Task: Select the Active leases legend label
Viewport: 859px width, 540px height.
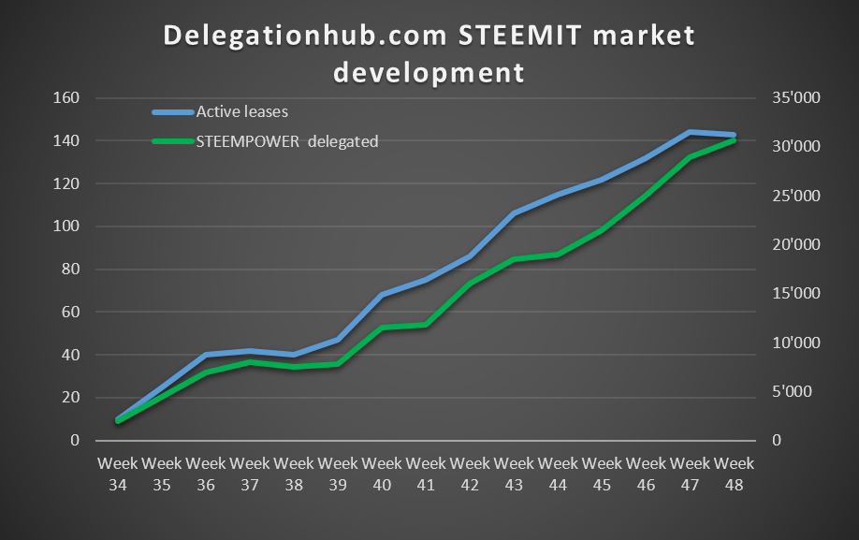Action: pos(241,111)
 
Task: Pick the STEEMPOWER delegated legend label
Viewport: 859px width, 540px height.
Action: pos(286,142)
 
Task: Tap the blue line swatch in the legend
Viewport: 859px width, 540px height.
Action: pos(172,112)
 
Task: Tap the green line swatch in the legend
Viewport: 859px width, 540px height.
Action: pos(172,142)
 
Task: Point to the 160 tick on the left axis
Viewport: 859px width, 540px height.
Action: pos(67,98)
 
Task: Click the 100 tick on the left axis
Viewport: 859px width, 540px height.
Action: pos(67,226)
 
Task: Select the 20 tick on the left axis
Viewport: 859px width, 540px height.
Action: pos(71,398)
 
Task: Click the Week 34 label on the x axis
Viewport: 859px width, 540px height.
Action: pos(118,474)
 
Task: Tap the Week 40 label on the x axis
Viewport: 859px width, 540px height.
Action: pos(382,474)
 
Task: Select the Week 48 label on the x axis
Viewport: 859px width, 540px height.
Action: pos(734,474)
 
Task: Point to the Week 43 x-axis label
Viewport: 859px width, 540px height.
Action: pos(514,474)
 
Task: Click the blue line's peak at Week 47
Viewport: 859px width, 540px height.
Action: pos(690,132)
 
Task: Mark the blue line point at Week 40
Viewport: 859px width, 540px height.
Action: pos(382,295)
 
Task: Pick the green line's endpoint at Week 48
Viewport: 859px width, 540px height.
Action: pos(734,140)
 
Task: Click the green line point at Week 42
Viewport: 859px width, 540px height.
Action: pos(470,284)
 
